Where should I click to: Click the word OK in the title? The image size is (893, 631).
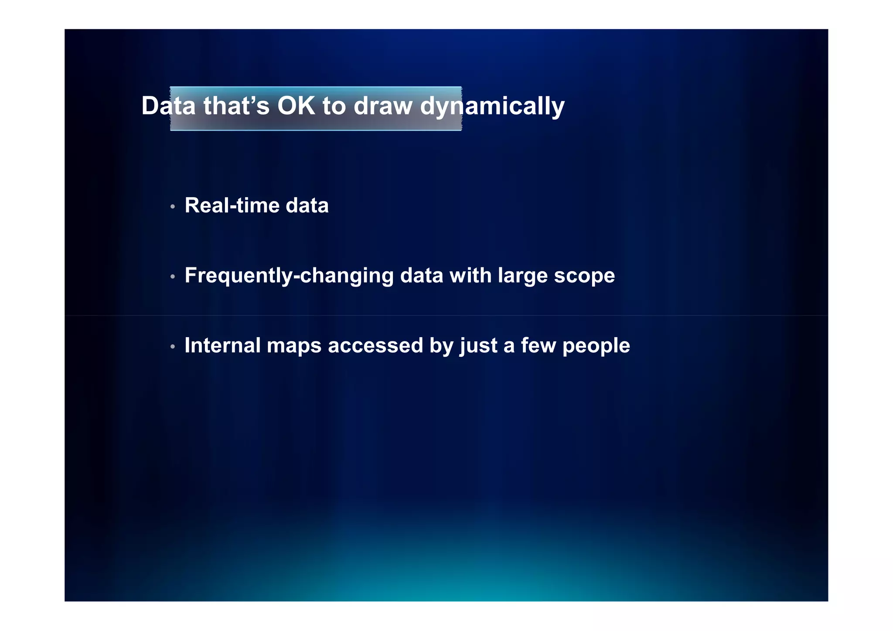point(296,106)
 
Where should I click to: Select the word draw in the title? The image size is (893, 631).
point(383,106)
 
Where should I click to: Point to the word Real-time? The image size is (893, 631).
point(232,205)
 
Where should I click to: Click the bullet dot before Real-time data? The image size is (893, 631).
point(173,206)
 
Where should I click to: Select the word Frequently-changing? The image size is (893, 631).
point(289,276)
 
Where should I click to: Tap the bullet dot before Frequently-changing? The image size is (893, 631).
point(173,276)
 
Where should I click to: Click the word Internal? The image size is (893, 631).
point(222,345)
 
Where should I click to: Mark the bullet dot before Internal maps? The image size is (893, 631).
point(173,347)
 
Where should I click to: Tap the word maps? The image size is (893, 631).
point(294,345)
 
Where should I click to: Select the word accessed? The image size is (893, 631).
point(375,345)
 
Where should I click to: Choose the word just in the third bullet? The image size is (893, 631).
point(478,346)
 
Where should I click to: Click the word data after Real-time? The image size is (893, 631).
point(307,205)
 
